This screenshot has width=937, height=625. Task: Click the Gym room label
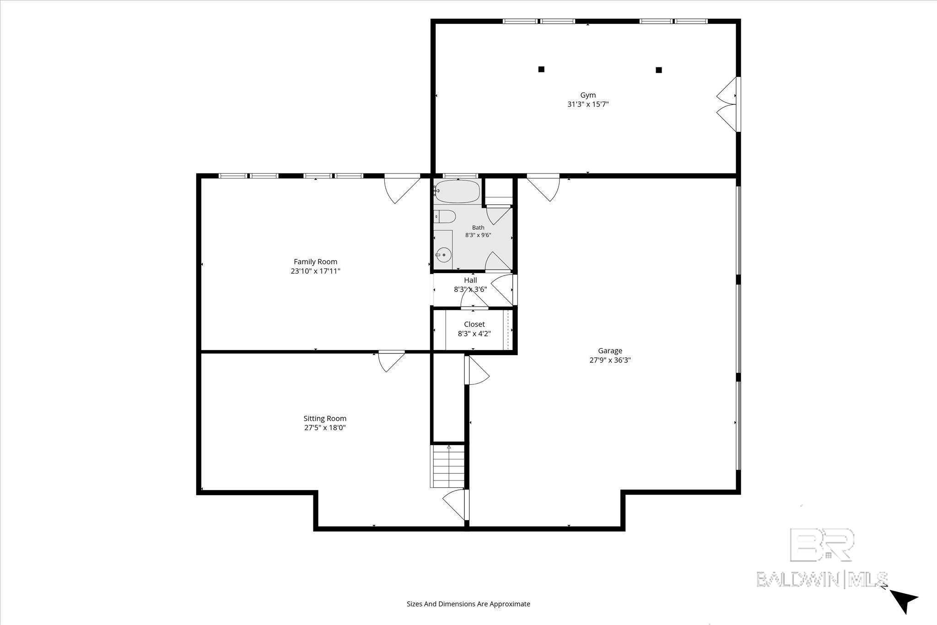click(x=588, y=95)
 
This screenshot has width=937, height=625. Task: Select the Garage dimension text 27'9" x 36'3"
click(x=610, y=360)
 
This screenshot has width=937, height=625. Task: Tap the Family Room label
click(x=315, y=262)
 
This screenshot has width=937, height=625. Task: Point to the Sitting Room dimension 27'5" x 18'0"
click(x=325, y=428)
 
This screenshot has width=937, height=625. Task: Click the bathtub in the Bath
click(x=457, y=192)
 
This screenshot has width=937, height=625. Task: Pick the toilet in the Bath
click(x=444, y=216)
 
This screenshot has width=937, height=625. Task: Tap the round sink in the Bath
click(x=443, y=254)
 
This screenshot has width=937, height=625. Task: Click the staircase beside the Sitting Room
click(x=448, y=466)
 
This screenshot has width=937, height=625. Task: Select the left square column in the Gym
click(x=541, y=70)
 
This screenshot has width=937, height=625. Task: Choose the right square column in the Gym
click(x=659, y=70)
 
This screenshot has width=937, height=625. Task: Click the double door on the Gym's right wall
click(x=727, y=104)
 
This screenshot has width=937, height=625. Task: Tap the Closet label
click(x=474, y=324)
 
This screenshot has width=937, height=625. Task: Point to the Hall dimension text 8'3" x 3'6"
click(x=470, y=289)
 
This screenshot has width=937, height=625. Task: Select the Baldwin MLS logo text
click(x=822, y=579)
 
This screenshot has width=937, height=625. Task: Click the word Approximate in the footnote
click(x=510, y=604)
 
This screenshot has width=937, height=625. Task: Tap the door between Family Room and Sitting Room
click(x=392, y=361)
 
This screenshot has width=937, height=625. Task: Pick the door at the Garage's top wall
click(x=543, y=188)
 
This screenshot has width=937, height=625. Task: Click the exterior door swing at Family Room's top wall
click(x=402, y=189)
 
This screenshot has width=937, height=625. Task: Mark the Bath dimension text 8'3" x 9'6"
click(x=478, y=235)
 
